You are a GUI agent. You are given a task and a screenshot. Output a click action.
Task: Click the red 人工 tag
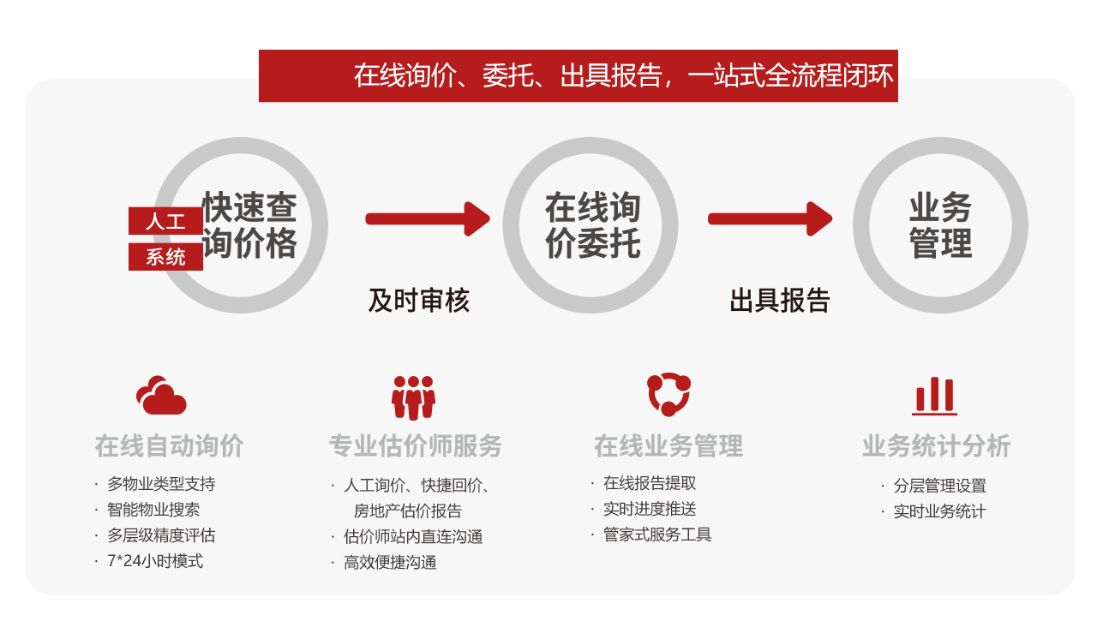pos(165,220)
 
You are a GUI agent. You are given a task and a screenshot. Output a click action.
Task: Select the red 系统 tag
pos(165,256)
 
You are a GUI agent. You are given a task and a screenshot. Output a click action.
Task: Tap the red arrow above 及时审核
pos(427,218)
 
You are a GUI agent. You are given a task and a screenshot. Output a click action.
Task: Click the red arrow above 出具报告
pos(770,218)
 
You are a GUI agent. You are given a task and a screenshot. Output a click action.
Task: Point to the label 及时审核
pos(418,301)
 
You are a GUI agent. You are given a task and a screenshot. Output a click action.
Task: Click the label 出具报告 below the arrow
pos(780,301)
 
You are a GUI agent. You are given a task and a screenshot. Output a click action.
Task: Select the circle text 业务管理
pos(940,225)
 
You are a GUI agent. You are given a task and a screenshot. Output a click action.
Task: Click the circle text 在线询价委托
pos(592,225)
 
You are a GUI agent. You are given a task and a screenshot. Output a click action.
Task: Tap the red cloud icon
pos(161,396)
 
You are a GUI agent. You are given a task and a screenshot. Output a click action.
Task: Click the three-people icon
pos(413,397)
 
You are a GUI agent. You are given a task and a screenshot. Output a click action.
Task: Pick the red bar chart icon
pos(934,396)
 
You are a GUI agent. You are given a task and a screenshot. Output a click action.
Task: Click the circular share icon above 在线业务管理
pos(668,395)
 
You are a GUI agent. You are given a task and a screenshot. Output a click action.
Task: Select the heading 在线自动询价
pos(169,446)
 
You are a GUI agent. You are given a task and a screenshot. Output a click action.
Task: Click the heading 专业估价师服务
pos(416,446)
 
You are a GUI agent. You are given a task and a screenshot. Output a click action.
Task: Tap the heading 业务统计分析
pos(936,446)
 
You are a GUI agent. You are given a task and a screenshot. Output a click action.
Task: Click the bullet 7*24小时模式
pos(155,561)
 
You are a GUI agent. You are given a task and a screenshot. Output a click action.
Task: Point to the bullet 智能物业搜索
pos(153,510)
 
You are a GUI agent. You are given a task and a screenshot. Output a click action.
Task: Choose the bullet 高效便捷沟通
pos(390,563)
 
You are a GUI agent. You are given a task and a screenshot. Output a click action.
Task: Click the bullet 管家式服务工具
pos(657,534)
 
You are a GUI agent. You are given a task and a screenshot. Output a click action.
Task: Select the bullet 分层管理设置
pos(939,486)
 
